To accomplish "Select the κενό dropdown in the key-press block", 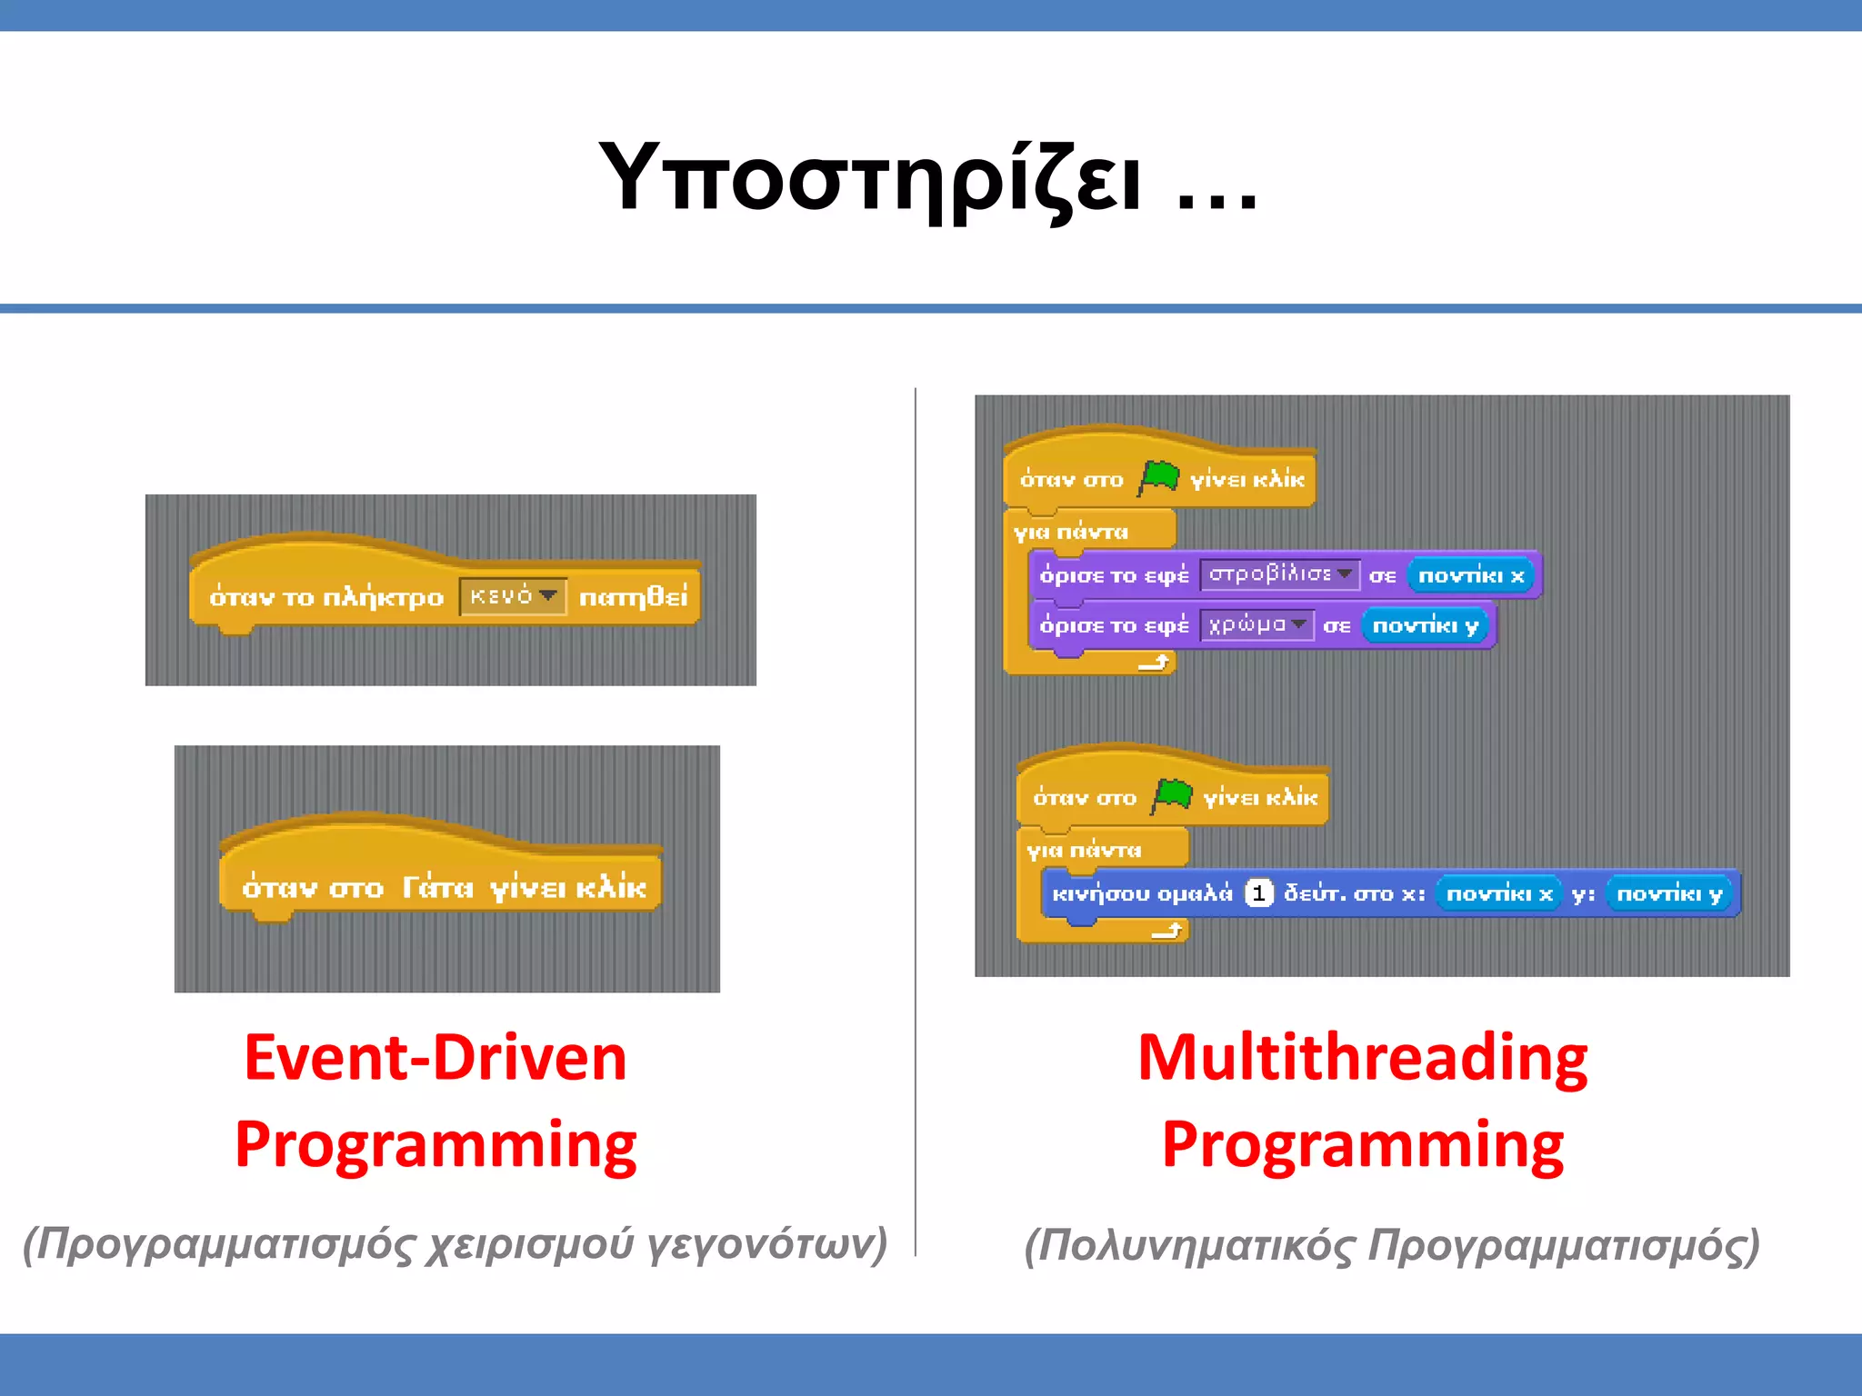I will coord(513,596).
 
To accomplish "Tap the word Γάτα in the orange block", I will coord(437,886).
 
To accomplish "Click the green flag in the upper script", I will coord(1158,477).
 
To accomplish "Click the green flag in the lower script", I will coord(1172,795).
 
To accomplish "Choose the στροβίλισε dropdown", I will coord(1279,574).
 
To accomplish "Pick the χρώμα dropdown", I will coord(1256,625).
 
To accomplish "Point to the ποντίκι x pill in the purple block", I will coord(1470,575).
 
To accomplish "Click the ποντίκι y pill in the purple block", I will coord(1425,625).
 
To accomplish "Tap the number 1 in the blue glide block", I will coord(1258,893).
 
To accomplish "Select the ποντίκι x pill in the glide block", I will coord(1498,893).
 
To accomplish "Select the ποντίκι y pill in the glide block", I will coord(1669,893).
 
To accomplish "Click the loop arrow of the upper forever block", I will coord(1154,663).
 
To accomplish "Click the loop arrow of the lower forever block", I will coord(1166,930).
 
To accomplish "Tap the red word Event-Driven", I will coord(435,1058).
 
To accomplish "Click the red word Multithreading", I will coord(1362,1058).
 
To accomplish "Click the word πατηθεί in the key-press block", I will coord(634,597).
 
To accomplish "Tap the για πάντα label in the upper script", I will coord(1071,532).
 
